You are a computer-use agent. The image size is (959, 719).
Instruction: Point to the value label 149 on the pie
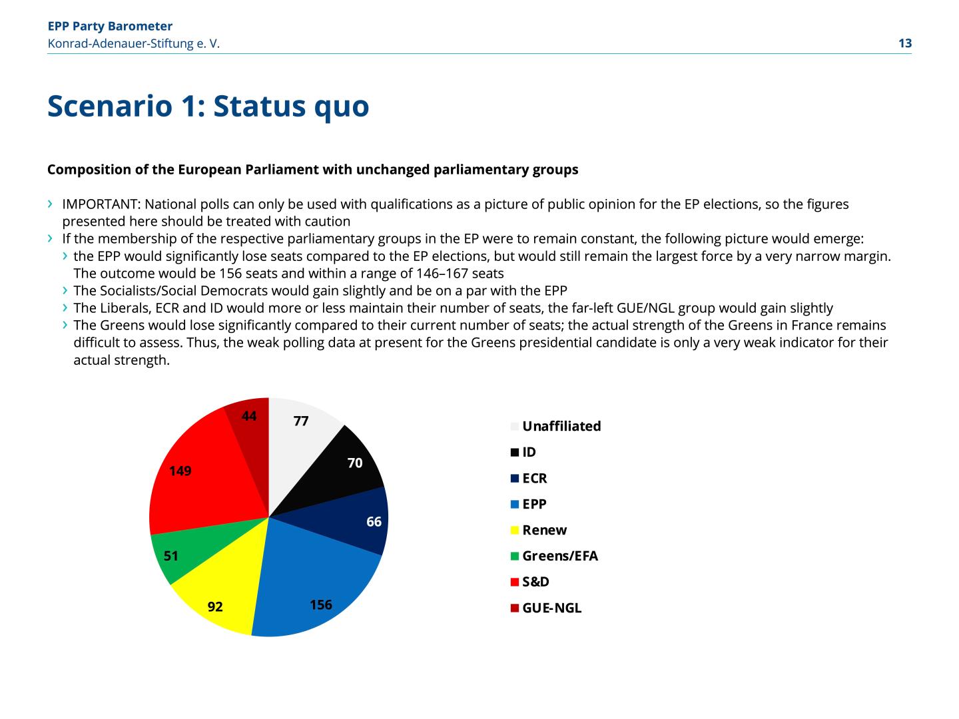click(180, 471)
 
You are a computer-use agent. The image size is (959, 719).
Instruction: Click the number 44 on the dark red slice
click(249, 416)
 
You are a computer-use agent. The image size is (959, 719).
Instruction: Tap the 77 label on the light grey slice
click(301, 421)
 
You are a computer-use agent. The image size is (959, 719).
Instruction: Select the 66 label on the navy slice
click(374, 522)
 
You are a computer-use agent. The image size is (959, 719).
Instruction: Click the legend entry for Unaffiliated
click(561, 426)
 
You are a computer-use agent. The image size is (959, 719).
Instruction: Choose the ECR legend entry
click(535, 478)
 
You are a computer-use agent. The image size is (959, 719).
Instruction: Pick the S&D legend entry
click(535, 582)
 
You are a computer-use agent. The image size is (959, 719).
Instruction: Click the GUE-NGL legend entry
click(551, 608)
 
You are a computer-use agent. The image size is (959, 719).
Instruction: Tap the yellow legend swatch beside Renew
click(515, 531)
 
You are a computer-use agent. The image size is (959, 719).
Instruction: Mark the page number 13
click(905, 43)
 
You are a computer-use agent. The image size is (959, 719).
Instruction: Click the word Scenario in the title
click(109, 106)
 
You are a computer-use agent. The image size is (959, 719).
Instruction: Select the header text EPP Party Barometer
click(110, 26)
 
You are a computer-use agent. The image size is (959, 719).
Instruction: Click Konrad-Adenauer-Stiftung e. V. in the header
click(133, 43)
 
